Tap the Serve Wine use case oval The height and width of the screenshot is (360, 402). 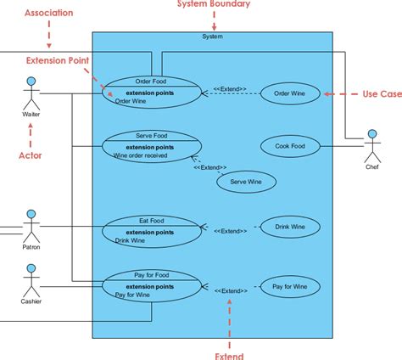245,181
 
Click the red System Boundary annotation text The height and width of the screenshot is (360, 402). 213,5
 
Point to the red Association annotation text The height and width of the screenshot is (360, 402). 49,14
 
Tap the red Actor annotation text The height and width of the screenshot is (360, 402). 31,155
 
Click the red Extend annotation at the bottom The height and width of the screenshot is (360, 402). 229,355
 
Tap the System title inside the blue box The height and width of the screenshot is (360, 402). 213,37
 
